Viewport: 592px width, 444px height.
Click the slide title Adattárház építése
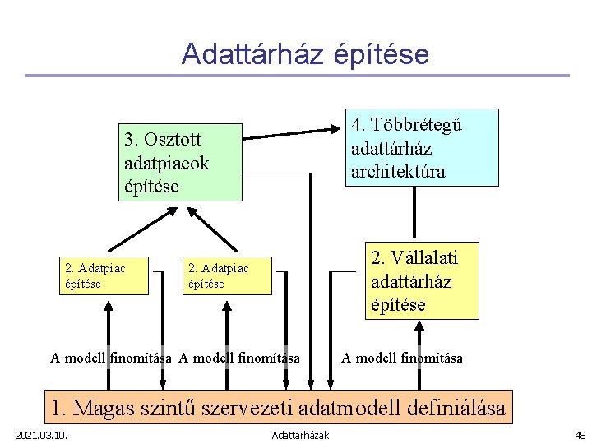(305, 54)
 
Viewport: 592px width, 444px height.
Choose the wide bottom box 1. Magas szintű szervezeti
(278, 407)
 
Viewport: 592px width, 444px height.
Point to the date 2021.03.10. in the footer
(41, 435)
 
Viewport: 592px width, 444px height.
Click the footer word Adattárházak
(300, 435)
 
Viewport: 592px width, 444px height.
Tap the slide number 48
(580, 435)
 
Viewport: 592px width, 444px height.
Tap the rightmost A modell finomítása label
(402, 358)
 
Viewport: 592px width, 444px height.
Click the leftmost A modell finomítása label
(111, 358)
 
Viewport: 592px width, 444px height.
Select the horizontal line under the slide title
(296, 76)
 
